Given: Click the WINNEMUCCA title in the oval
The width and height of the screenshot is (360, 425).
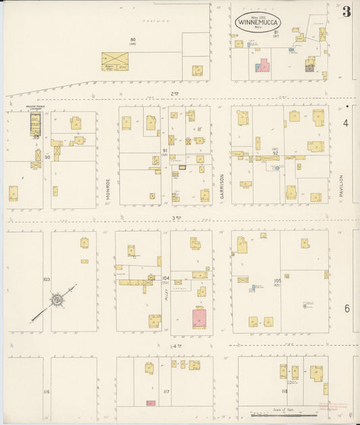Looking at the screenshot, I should (x=259, y=22).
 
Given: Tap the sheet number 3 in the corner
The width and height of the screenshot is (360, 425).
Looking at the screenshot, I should (x=346, y=11).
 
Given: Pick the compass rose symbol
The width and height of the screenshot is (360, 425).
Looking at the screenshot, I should (x=57, y=299).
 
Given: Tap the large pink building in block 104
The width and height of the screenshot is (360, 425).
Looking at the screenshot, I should (x=199, y=318).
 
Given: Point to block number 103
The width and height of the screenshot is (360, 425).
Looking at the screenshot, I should (x=47, y=278).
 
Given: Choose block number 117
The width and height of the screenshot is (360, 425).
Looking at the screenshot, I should (x=166, y=391).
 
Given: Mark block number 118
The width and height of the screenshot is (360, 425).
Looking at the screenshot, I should (x=284, y=391).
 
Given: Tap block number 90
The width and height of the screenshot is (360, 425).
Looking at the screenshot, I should (x=47, y=157).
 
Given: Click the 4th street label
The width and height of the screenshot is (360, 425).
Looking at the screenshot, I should (x=178, y=346).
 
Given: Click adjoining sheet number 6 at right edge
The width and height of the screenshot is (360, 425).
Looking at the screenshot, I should (x=346, y=308).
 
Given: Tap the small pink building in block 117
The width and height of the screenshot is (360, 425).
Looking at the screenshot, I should (x=151, y=403).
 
